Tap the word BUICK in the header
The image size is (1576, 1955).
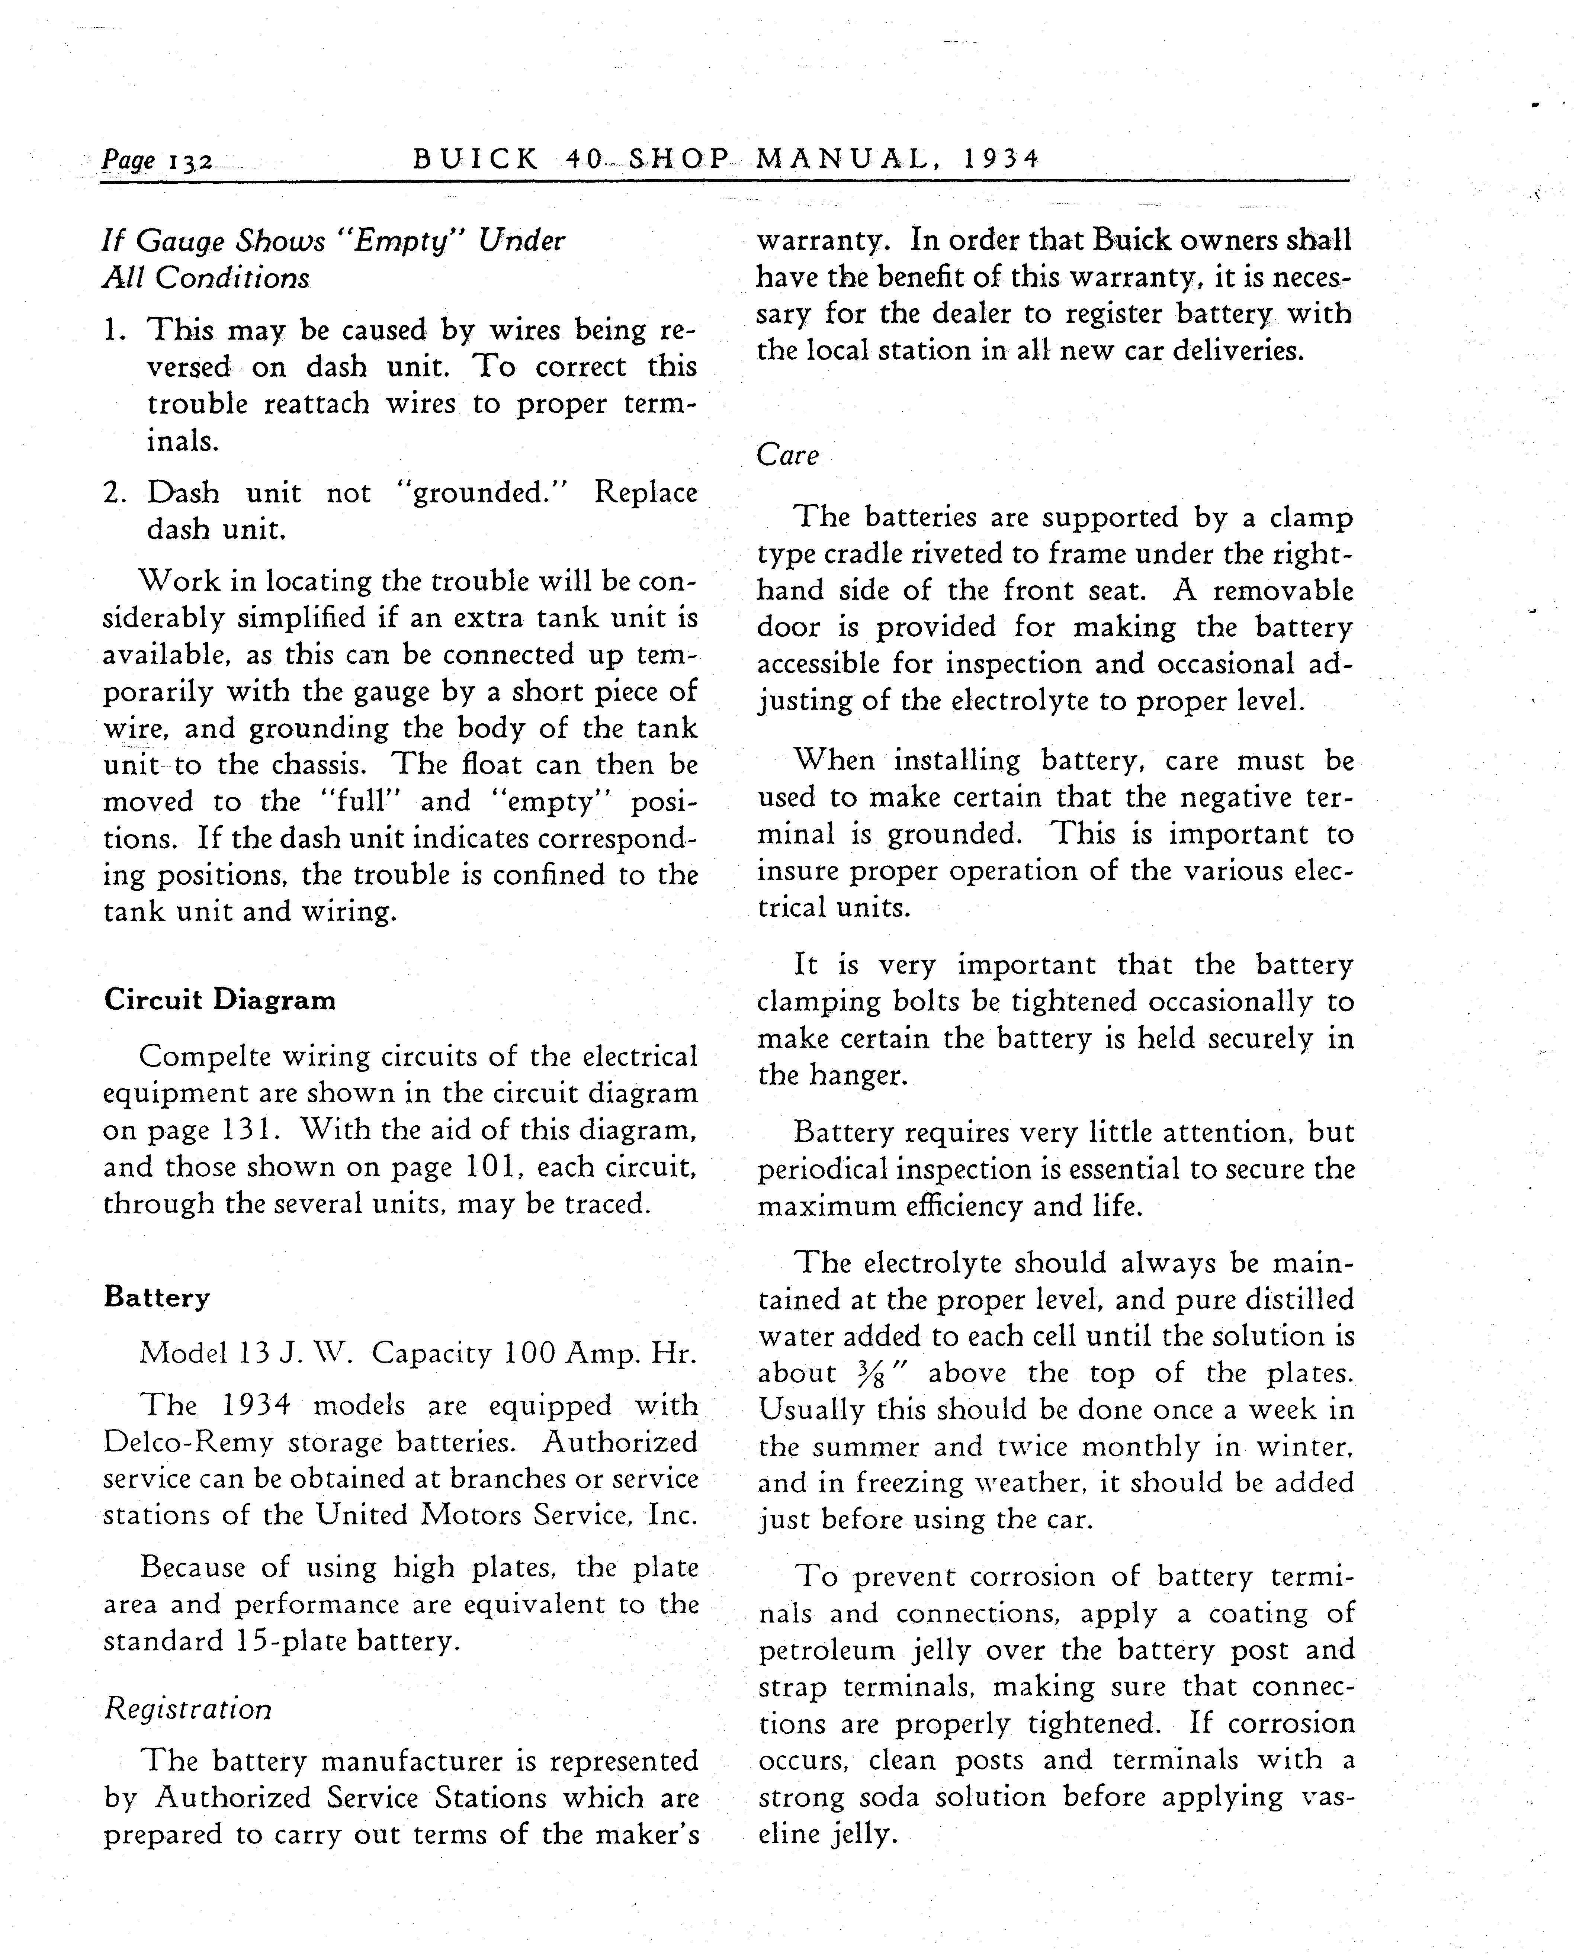(476, 160)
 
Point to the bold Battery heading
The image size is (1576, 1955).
(156, 1297)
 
